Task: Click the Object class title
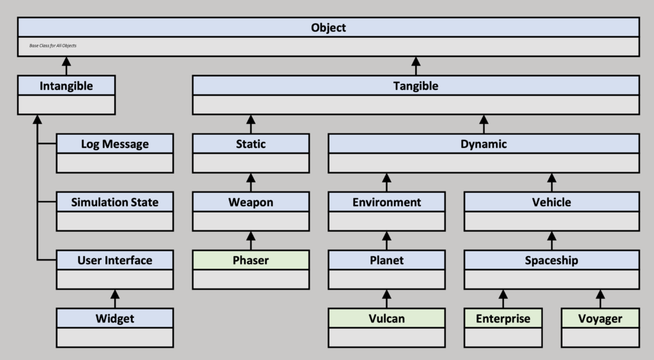(x=328, y=27)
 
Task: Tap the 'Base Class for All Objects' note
(x=53, y=45)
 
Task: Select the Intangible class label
(x=66, y=86)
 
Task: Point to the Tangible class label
(x=415, y=86)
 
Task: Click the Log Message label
(x=115, y=144)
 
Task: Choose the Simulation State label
(x=115, y=202)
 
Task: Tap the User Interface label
(x=115, y=260)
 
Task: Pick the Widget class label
(x=115, y=319)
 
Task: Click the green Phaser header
(x=250, y=260)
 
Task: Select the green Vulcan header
(x=386, y=319)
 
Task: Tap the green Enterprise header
(x=503, y=319)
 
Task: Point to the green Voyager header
(x=600, y=319)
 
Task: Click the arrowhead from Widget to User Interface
(x=115, y=294)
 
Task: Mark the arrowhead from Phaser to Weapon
(x=250, y=236)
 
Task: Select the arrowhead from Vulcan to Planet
(x=386, y=294)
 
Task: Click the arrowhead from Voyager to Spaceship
(x=600, y=294)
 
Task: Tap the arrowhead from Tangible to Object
(x=415, y=61)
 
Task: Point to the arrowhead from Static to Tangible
(x=250, y=119)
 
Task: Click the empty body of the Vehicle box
(x=551, y=221)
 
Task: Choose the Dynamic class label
(x=483, y=144)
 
